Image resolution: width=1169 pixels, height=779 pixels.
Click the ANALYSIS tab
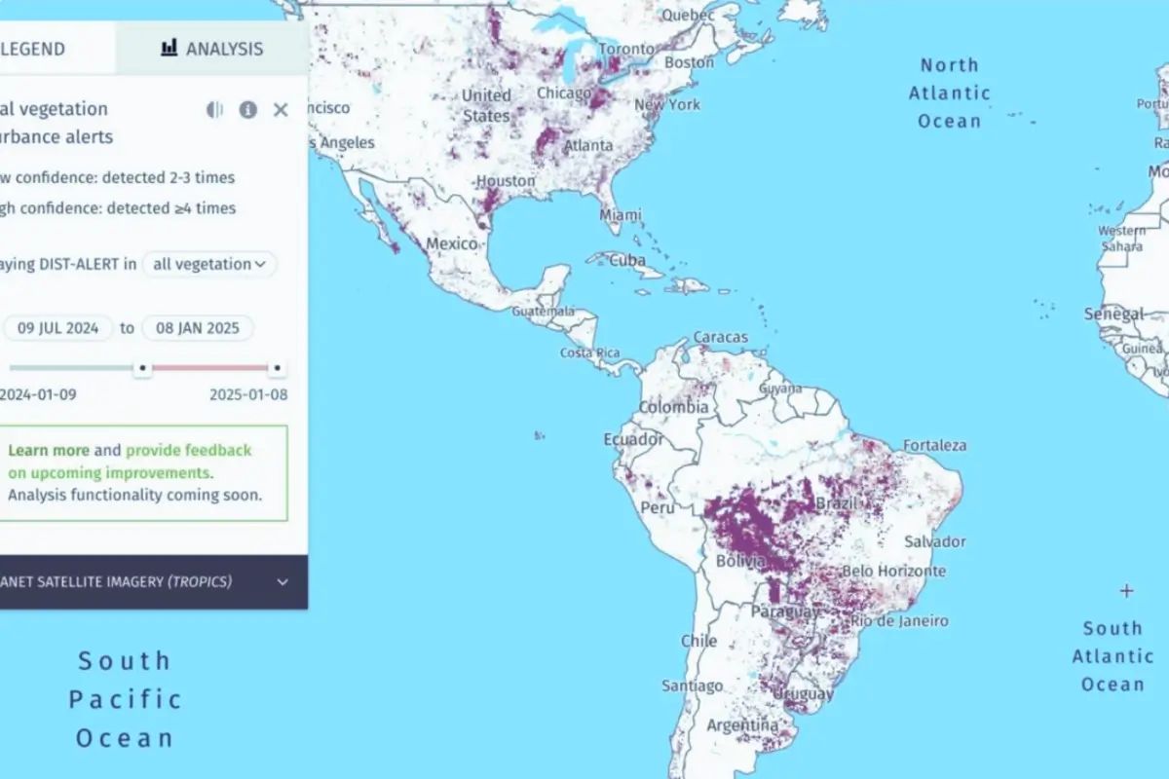tap(211, 48)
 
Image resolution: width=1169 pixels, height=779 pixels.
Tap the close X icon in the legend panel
tap(281, 110)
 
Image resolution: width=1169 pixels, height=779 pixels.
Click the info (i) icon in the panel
tap(248, 110)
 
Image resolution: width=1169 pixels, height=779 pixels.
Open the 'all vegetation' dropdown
tap(209, 264)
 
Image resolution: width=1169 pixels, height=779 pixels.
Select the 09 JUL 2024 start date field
tap(58, 328)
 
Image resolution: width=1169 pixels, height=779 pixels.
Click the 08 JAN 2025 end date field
tap(198, 328)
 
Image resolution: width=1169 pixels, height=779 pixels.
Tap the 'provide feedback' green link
tap(188, 450)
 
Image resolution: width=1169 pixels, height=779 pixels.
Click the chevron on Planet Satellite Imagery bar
tap(283, 582)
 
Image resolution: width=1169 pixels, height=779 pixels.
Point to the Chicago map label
tap(563, 94)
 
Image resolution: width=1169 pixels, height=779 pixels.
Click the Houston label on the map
tap(506, 181)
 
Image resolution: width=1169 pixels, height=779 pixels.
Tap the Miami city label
tap(621, 214)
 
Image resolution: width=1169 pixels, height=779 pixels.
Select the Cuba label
tap(627, 261)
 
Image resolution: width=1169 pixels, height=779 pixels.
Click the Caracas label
tap(721, 338)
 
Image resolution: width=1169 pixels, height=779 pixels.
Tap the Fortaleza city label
tap(934, 445)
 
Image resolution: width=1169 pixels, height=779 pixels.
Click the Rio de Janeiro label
tap(899, 620)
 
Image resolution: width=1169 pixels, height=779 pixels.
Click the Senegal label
tap(1114, 315)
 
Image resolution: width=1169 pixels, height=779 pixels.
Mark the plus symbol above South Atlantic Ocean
tap(1127, 590)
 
